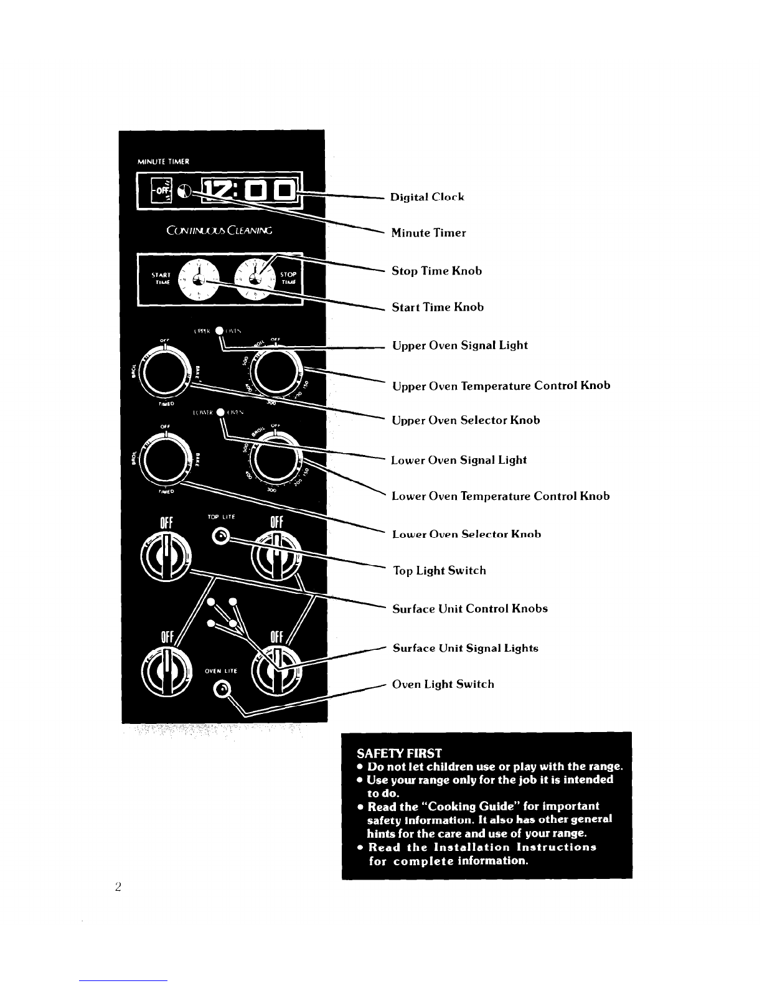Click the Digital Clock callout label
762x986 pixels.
tap(427, 197)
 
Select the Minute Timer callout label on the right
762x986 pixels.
tap(428, 233)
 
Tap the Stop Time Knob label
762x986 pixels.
tap(436, 271)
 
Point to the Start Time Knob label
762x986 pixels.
tap(438, 308)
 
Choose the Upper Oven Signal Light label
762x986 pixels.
tap(459, 345)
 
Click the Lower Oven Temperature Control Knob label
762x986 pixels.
tap(500, 497)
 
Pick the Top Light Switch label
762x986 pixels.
tap(440, 571)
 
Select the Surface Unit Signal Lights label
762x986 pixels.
tap(465, 649)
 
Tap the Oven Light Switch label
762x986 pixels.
tap(443, 685)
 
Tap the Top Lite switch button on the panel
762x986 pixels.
tap(220, 536)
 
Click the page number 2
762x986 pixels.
tap(118, 887)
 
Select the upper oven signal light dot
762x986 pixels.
tap(219, 331)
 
